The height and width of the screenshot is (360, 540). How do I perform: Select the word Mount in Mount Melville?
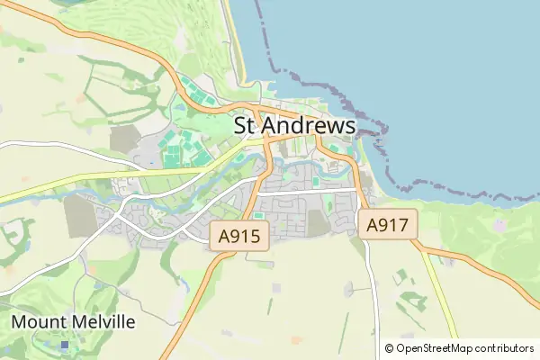pyautogui.click(x=39, y=321)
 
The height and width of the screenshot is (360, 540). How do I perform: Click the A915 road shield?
pyautogui.click(x=240, y=238)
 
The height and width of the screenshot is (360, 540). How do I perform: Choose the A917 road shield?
pyautogui.click(x=389, y=226)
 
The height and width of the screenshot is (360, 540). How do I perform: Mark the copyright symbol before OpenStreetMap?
pyautogui.click(x=389, y=348)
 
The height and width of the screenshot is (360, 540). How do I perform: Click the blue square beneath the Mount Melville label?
pyautogui.click(x=64, y=344)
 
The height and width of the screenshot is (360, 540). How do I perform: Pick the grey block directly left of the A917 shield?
pyautogui.click(x=319, y=222)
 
